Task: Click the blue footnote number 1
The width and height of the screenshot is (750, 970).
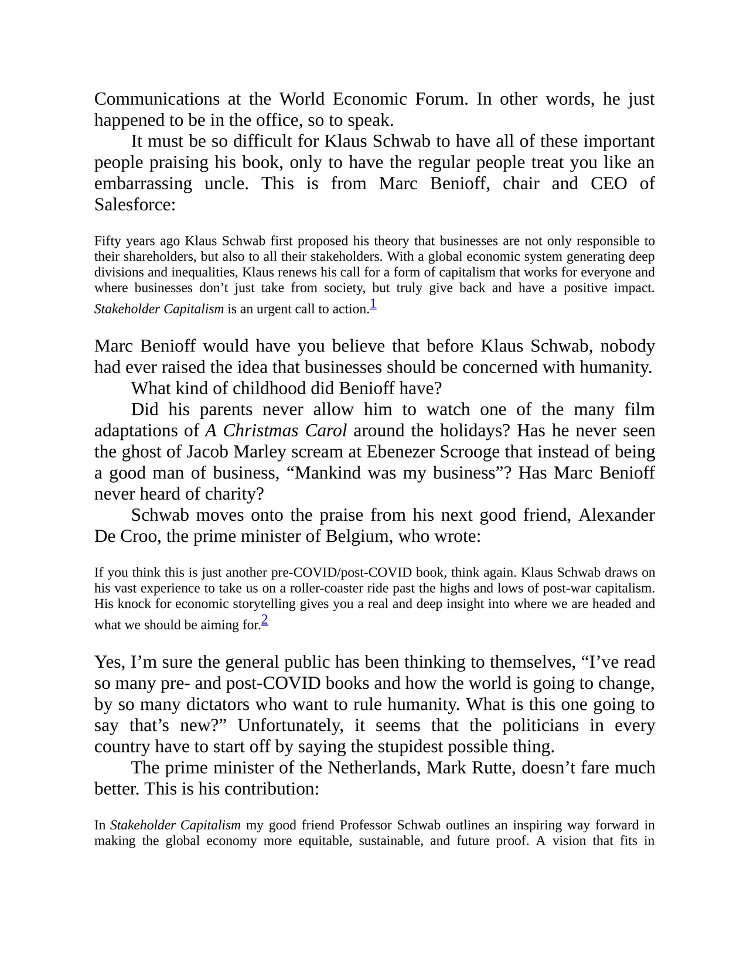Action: (x=373, y=304)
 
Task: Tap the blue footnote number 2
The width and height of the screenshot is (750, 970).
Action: (x=265, y=620)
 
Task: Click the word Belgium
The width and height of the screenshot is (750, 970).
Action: (x=359, y=537)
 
